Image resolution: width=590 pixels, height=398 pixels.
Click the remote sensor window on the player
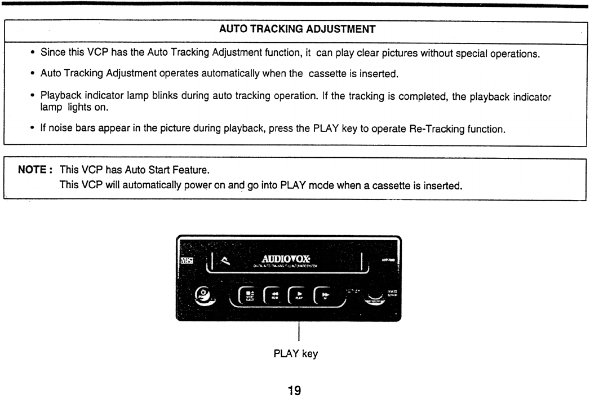pos(372,297)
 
